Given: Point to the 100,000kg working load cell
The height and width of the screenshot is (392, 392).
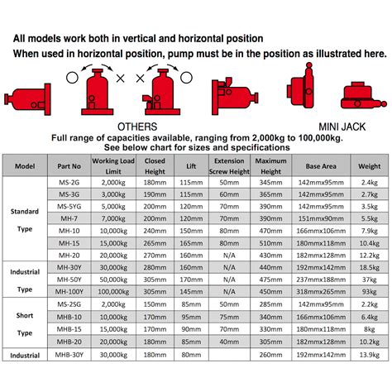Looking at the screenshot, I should coord(112,293).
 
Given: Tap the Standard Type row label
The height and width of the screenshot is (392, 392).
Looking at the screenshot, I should coord(24,218).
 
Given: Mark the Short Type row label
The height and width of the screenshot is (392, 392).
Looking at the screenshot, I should coord(24,323).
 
